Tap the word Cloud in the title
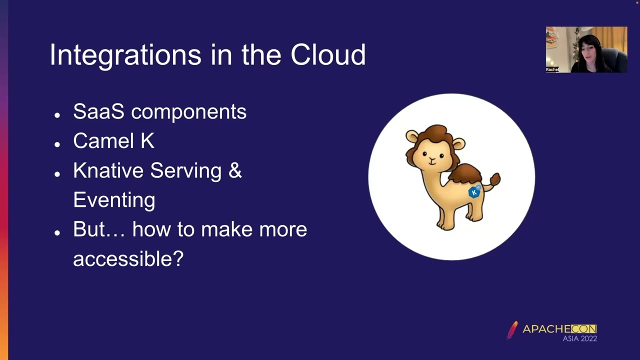328,54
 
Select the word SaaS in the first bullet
98,111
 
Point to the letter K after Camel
147,141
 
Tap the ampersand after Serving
235,170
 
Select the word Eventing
114,200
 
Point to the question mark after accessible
178,259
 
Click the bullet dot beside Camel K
57,144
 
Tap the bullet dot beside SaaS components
57,115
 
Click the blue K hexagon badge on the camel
474,192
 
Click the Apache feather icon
512,330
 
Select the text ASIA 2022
579,338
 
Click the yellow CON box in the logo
583,329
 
